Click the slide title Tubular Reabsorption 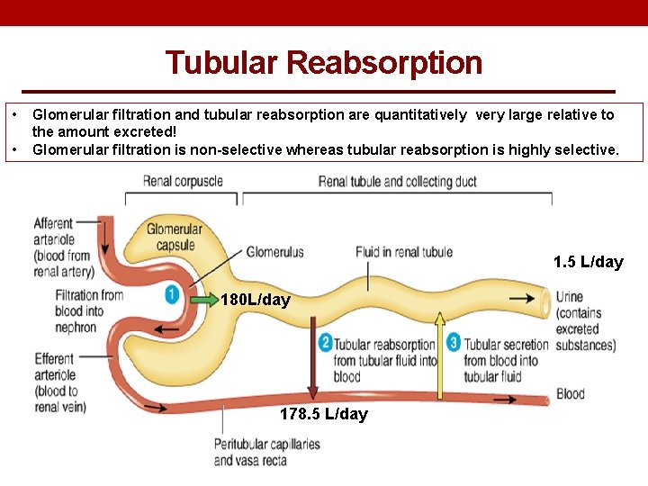click(x=324, y=63)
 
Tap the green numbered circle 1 click(x=172, y=294)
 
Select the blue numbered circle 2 click(x=326, y=343)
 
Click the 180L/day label click(x=255, y=300)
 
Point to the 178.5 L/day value click(x=324, y=414)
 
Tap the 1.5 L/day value click(x=589, y=262)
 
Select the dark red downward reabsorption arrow click(x=312, y=360)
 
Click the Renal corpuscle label click(x=183, y=181)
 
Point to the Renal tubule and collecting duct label click(x=398, y=181)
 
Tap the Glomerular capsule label click(x=175, y=237)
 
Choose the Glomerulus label click(x=274, y=252)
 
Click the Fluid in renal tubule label click(x=403, y=252)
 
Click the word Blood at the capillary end click(x=571, y=393)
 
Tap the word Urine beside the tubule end click(x=569, y=297)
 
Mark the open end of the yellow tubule click(x=543, y=298)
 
